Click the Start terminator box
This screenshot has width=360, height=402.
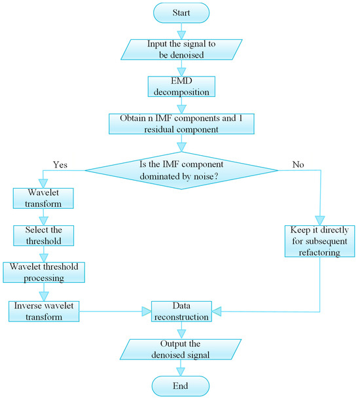(181, 12)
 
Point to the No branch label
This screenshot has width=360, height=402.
(298, 165)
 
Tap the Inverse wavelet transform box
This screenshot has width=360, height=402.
(43, 310)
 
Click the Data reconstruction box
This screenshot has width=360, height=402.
(181, 311)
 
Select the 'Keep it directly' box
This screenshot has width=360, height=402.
(319, 242)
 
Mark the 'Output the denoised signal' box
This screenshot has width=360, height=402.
(181, 348)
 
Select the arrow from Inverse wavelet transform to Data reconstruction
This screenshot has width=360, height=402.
(115, 311)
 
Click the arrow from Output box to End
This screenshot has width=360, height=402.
(181, 367)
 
